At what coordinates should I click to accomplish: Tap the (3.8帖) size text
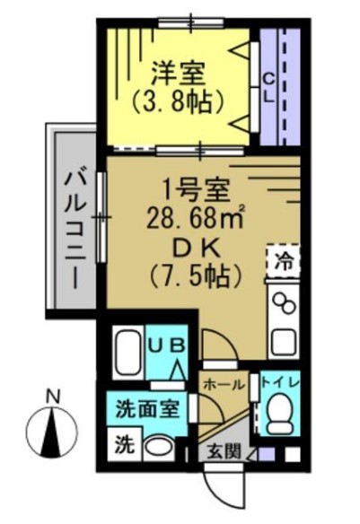pos(176,101)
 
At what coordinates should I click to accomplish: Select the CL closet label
pos(268,87)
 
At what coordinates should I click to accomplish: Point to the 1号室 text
pos(196,190)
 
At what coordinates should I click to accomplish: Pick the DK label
pos(195,246)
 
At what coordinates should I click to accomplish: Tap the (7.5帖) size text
pos(197,275)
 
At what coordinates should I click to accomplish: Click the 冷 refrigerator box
pos(283,264)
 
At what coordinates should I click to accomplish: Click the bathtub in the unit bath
pos(127,354)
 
